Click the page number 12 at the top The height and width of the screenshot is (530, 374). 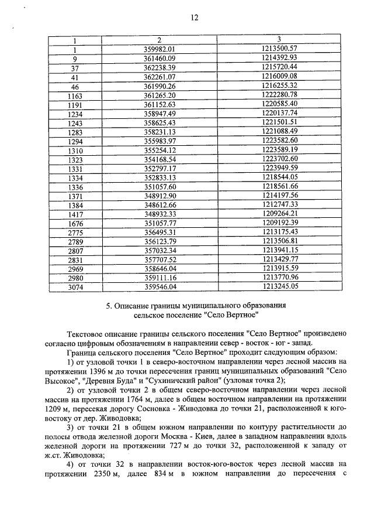[x=195, y=18]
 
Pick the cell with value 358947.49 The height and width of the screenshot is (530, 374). [x=159, y=114]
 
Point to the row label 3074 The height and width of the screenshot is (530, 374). [x=75, y=288]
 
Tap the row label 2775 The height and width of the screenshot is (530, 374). [x=75, y=232]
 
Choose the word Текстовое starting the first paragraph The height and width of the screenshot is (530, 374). [x=89, y=333]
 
